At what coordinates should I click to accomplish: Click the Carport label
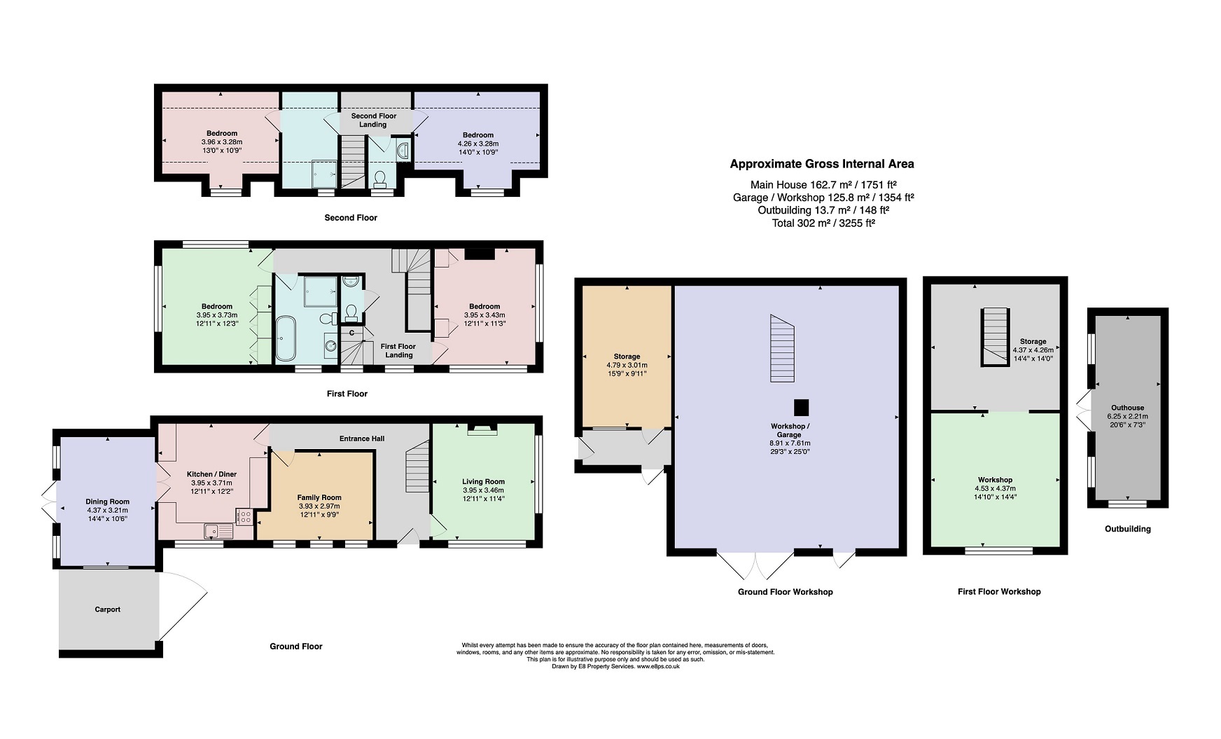[107, 609]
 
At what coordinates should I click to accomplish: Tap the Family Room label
[319, 497]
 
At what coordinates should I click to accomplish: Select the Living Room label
[483, 481]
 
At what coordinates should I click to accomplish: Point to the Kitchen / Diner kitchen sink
[218, 532]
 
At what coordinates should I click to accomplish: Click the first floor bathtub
[286, 338]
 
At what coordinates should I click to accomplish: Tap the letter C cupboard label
[351, 333]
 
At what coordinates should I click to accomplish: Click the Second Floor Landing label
[373, 120]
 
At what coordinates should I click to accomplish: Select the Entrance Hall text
[362, 438]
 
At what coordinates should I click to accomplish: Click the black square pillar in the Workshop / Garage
[802, 408]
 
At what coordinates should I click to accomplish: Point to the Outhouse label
[1127, 408]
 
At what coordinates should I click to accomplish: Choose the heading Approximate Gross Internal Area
[822, 164]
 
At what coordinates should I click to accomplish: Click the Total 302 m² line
[822, 223]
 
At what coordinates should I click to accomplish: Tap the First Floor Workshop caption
[999, 592]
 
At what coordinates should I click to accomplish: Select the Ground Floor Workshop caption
[786, 592]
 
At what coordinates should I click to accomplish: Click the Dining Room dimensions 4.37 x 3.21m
[107, 510]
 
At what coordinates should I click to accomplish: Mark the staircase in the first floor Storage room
[993, 337]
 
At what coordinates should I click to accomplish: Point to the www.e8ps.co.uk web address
[658, 667]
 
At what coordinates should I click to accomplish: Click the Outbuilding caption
[1127, 529]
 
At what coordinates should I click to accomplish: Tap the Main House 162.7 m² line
[823, 184]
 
